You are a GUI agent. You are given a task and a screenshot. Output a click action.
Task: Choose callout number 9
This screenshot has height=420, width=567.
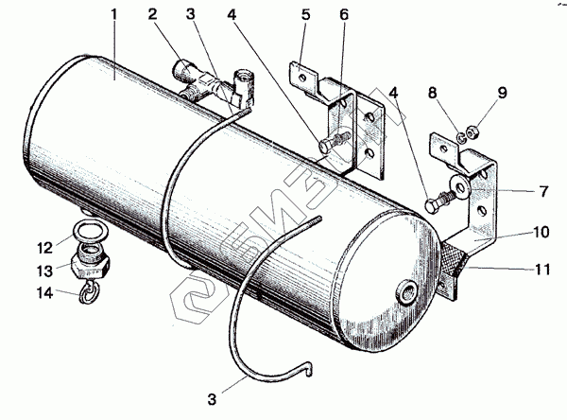point(503,93)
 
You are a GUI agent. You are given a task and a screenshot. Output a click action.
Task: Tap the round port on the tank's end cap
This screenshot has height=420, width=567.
point(409,289)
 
